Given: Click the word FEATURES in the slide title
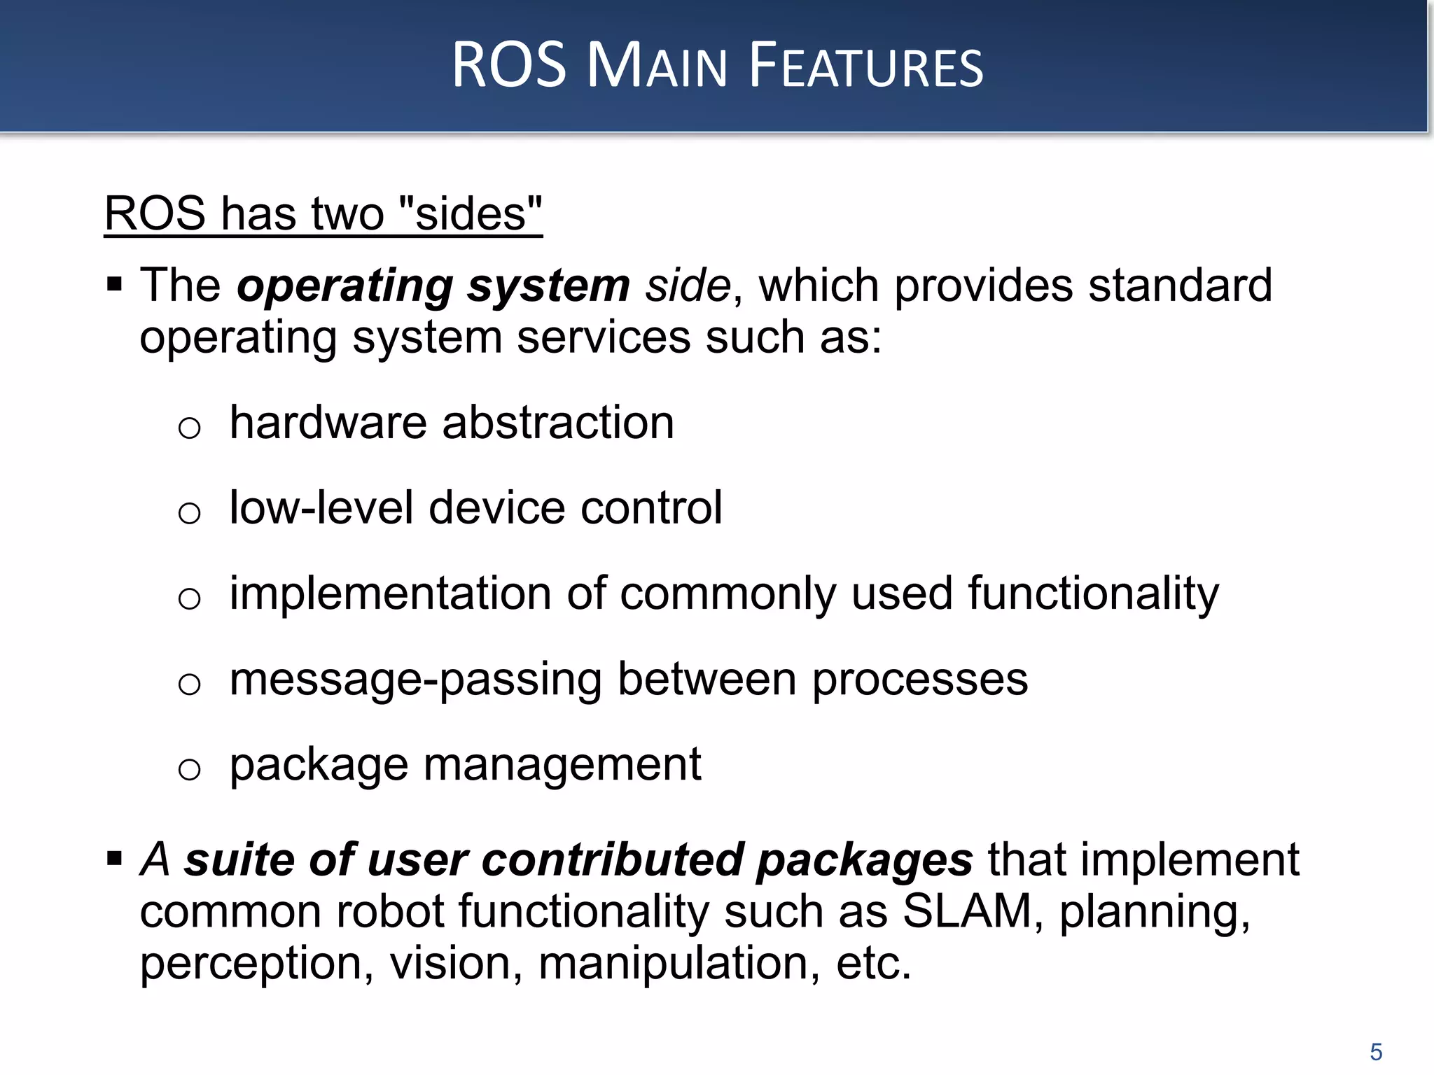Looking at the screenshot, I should point(866,66).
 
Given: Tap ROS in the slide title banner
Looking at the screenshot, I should point(509,65).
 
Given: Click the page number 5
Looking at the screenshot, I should point(1376,1052).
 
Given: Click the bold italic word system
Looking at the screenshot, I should point(549,287).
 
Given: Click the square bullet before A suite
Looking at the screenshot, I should point(115,859).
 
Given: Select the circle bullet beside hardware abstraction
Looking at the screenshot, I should point(189,428).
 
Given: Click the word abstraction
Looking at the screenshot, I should point(558,423).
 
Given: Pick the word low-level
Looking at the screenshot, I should point(321,507).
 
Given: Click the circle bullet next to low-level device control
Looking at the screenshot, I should point(189,513).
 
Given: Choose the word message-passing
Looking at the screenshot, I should point(415,680).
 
